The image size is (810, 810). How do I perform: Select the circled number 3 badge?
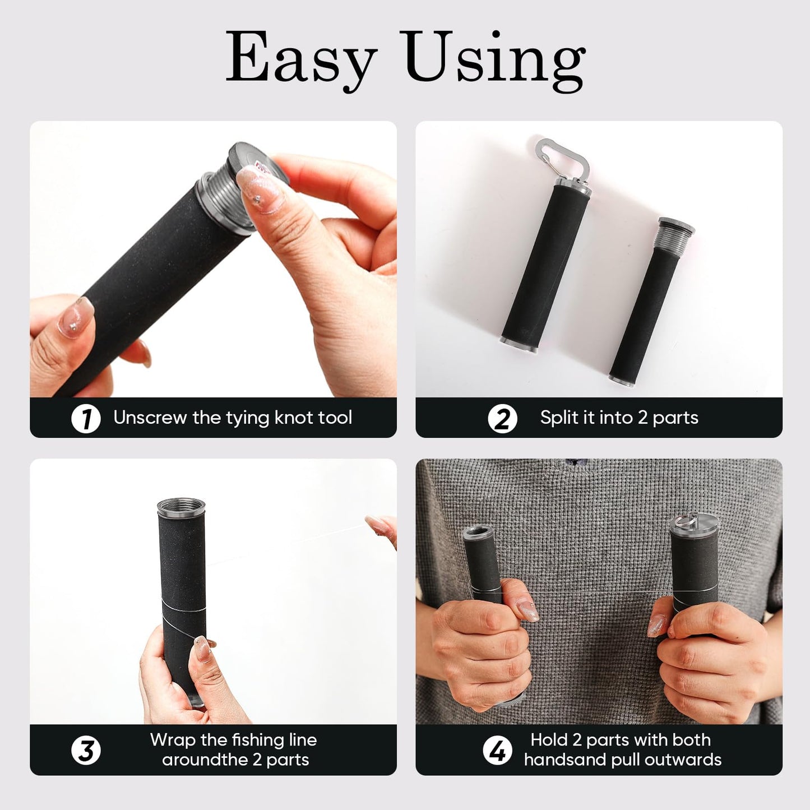click(x=86, y=751)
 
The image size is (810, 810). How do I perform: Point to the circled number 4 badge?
click(x=497, y=751)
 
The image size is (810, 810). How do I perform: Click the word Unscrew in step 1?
click(x=149, y=418)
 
